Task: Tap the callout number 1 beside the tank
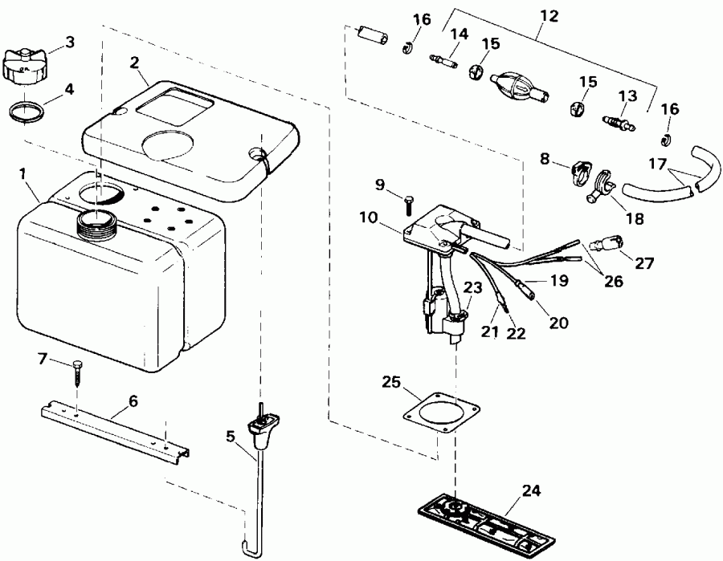pos(24,173)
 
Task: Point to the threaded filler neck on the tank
pos(97,222)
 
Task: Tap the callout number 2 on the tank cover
pos(134,62)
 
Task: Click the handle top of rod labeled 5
pos(265,422)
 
